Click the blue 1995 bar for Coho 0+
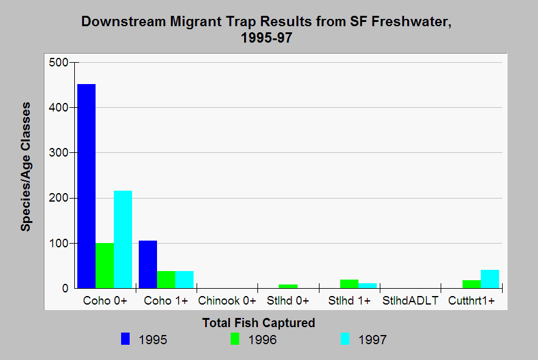click(x=86, y=186)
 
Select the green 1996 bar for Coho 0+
click(x=105, y=266)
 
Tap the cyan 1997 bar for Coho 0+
click(x=123, y=239)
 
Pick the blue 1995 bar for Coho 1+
click(x=148, y=264)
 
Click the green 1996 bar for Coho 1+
click(x=166, y=277)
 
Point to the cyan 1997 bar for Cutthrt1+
click(x=490, y=279)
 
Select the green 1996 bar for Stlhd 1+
click(x=349, y=284)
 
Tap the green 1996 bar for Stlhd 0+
click(x=288, y=286)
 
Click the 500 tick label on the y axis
click(x=59, y=62)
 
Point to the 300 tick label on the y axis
click(x=59, y=153)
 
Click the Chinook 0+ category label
click(x=227, y=301)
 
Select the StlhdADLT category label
click(x=410, y=301)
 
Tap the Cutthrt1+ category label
click(x=471, y=301)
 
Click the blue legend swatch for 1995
click(x=125, y=339)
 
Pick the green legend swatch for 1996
click(x=235, y=339)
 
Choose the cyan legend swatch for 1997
click(x=344, y=339)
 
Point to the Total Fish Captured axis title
click(x=259, y=323)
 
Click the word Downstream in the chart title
click(x=121, y=23)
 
